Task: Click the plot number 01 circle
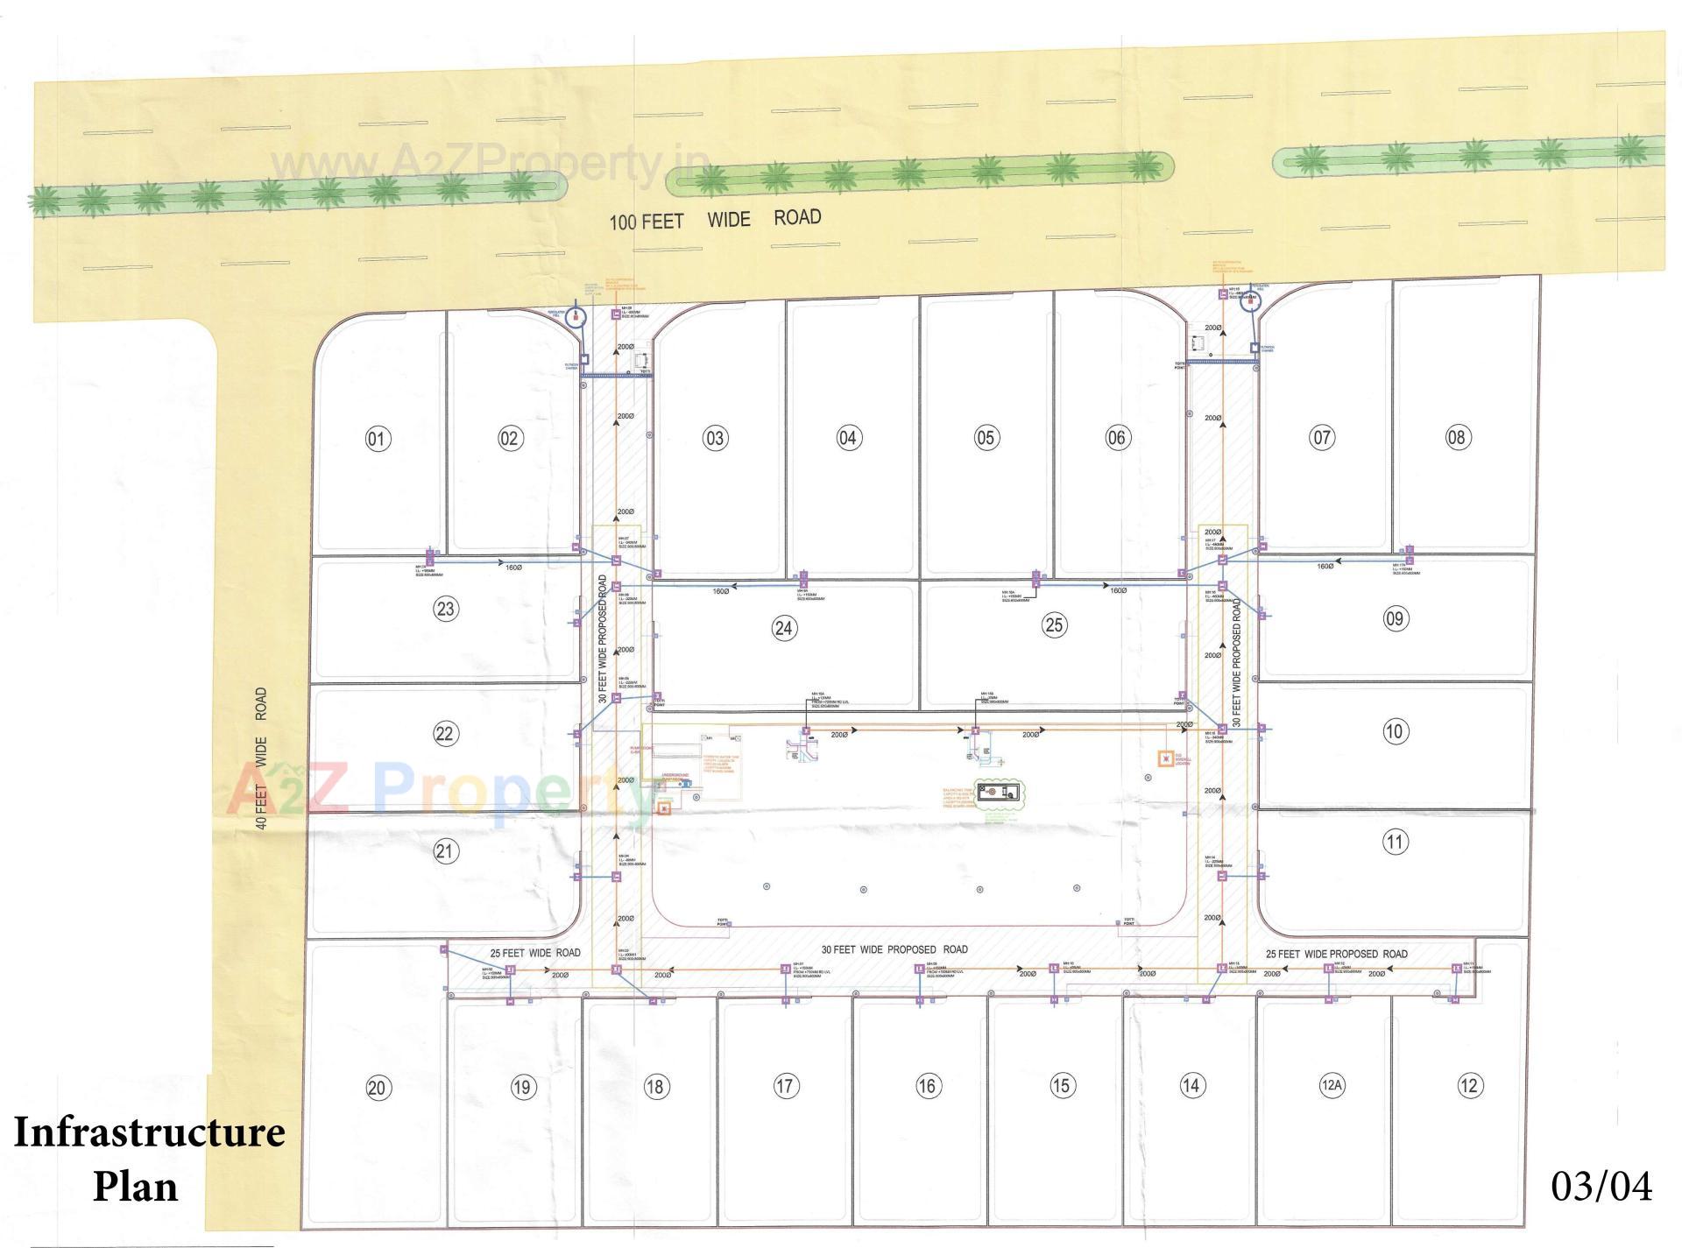pos(378,438)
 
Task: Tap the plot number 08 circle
pos(1457,437)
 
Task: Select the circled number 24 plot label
pos(783,627)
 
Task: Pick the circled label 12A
pos(1331,1086)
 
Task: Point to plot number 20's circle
pos(377,1088)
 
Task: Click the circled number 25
pos(1054,624)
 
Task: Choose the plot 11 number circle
pos(1395,842)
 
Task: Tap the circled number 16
pos(927,1086)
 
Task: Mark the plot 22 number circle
pos(445,733)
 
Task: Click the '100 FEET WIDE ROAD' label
pos(715,219)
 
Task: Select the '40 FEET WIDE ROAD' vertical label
pos(260,758)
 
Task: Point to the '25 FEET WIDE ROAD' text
pos(534,953)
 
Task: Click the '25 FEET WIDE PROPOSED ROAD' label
pos(1337,954)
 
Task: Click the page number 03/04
pos(1601,1186)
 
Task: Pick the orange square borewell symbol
pos(1165,758)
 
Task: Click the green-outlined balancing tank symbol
pos(1000,793)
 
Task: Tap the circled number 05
pos(986,437)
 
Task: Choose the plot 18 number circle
pos(655,1087)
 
